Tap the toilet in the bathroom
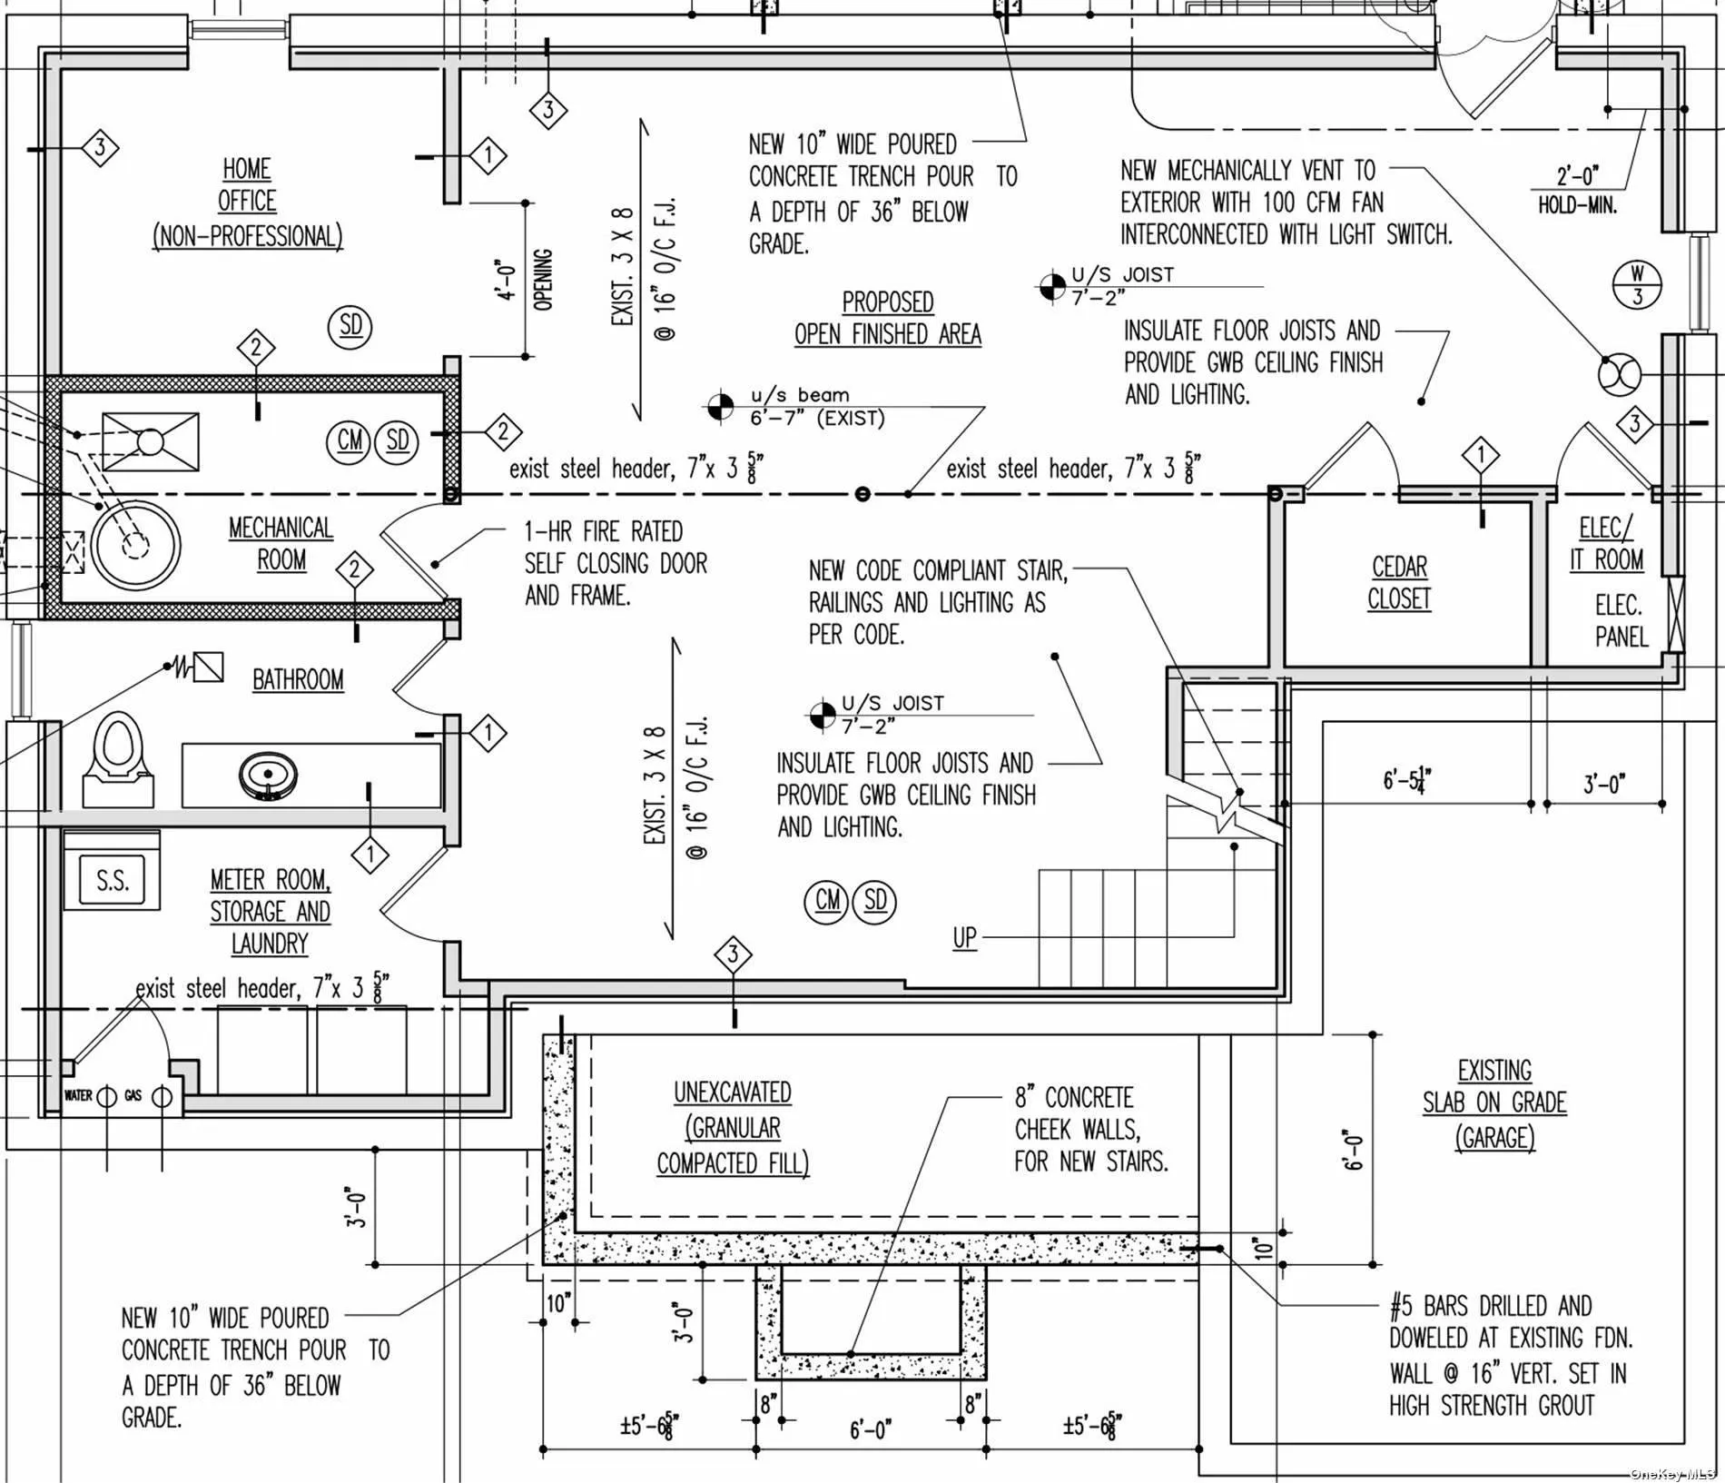point(117,758)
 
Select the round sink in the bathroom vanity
point(269,775)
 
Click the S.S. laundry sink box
point(112,879)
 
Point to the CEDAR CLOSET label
point(1399,583)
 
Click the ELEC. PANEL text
point(1621,620)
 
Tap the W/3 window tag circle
point(1637,284)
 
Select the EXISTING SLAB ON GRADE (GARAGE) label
point(1494,1103)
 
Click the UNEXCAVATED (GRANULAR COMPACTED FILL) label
point(733,1127)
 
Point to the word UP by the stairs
point(964,937)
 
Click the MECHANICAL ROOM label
point(281,543)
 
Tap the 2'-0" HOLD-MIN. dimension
point(1577,189)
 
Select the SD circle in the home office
point(350,326)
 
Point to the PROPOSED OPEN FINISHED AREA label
point(887,318)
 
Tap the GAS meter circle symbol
point(163,1096)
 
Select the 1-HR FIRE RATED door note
point(616,563)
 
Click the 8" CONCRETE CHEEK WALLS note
point(1089,1129)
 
